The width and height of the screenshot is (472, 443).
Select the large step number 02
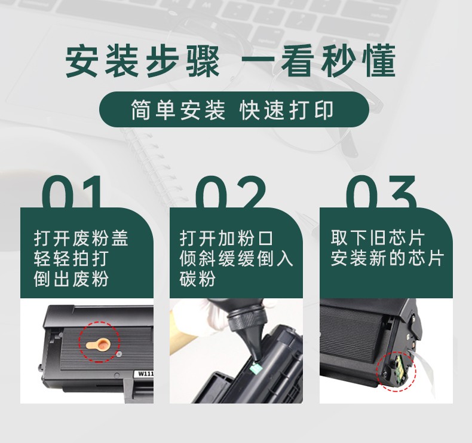coord(231,192)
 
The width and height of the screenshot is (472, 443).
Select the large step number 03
coord(382,192)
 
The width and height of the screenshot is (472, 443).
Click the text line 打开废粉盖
coord(81,239)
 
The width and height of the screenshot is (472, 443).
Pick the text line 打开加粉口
coord(226,239)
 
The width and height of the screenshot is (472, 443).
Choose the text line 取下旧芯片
coord(377,239)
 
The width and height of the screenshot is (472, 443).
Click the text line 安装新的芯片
coord(387,259)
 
